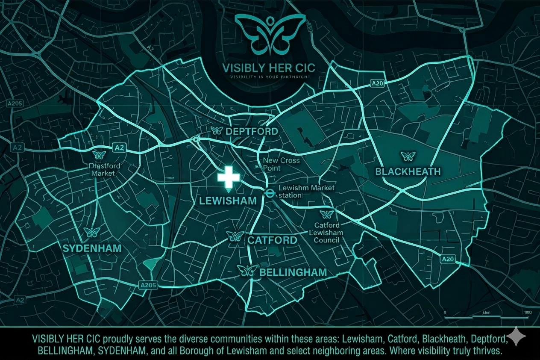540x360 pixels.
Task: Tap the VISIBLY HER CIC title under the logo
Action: pyautogui.click(x=269, y=68)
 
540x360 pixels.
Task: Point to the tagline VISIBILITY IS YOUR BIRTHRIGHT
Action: pyautogui.click(x=270, y=77)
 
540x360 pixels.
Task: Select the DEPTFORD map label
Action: pyautogui.click(x=252, y=131)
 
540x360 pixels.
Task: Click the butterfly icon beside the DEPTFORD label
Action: pyautogui.click(x=217, y=130)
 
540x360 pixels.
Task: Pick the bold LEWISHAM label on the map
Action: pyautogui.click(x=229, y=201)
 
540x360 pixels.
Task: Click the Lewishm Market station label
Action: pyautogui.click(x=306, y=192)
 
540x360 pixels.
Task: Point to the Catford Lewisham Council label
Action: pyautogui.click(x=327, y=232)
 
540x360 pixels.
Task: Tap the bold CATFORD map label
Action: pyautogui.click(x=272, y=240)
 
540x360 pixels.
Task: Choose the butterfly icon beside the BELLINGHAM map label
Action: pyautogui.click(x=248, y=270)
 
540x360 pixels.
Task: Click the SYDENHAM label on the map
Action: pyautogui.click(x=92, y=248)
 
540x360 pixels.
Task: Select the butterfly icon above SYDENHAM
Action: pyautogui.click(x=92, y=233)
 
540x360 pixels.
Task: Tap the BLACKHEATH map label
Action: pyautogui.click(x=408, y=172)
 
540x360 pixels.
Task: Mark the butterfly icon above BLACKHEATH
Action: pyautogui.click(x=408, y=156)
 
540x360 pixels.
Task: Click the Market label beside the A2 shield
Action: pyautogui.click(x=103, y=170)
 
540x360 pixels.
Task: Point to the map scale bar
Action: pyautogui.click(x=487, y=316)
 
